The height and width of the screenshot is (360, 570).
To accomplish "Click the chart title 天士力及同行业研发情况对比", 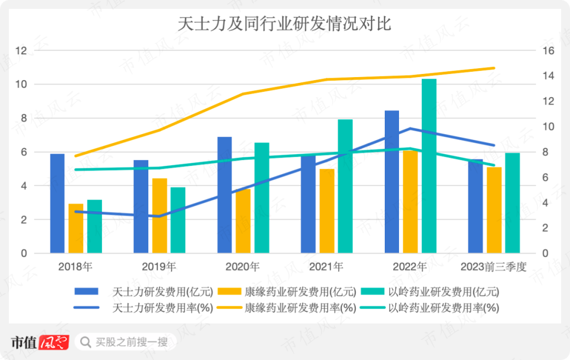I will (284, 24).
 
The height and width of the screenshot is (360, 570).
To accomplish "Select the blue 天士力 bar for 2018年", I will (58, 203).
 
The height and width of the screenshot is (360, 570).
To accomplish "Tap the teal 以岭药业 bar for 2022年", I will (429, 166).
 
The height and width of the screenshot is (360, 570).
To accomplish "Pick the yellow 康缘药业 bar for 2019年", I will (160, 216).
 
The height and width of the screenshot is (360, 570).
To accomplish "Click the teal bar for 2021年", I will (345, 186).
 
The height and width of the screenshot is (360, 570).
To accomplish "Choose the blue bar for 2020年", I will (224, 195).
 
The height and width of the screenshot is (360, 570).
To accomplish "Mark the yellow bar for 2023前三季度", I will (494, 210).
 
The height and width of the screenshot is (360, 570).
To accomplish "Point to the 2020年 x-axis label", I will (243, 267).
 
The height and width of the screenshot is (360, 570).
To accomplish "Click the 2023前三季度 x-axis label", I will (493, 267).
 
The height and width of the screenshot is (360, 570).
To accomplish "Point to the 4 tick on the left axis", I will (23, 186).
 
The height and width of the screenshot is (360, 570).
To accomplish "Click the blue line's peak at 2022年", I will (410, 128).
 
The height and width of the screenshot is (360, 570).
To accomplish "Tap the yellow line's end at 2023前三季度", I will (494, 68).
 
